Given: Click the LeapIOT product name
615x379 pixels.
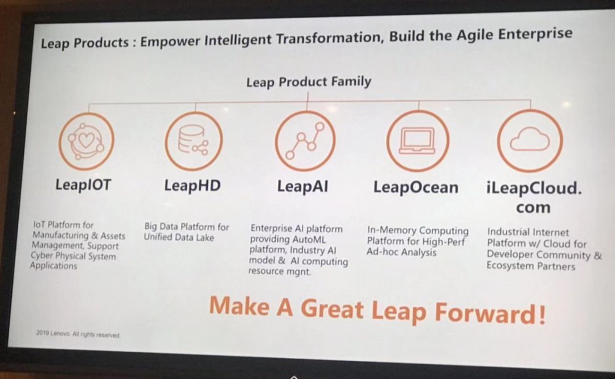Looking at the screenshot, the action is pyautogui.click(x=83, y=185).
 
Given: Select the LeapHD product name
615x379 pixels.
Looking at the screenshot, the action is pyautogui.click(x=192, y=186).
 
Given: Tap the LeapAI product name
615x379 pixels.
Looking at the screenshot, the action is pyautogui.click(x=302, y=187).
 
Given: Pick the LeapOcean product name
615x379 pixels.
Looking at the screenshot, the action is pyautogui.click(x=416, y=187).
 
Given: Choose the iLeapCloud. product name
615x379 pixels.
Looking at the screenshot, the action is pyautogui.click(x=534, y=188).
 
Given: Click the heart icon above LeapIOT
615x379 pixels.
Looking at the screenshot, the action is pyautogui.click(x=87, y=141).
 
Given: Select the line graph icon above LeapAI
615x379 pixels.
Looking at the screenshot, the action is pyautogui.click(x=305, y=141).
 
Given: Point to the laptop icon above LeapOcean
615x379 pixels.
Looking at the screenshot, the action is pyautogui.click(x=418, y=141).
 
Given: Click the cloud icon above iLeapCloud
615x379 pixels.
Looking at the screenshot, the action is pyautogui.click(x=530, y=141).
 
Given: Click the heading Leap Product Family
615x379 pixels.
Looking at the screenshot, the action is pyautogui.click(x=309, y=82).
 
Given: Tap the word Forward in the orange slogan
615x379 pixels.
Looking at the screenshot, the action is pyautogui.click(x=490, y=314).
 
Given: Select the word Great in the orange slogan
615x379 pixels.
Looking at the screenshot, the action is pyautogui.click(x=332, y=308).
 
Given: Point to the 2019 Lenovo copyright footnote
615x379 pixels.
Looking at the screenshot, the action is pyautogui.click(x=78, y=334).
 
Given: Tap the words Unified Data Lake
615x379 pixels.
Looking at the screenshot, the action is pyautogui.click(x=179, y=237).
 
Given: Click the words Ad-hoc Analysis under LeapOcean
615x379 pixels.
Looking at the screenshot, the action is pyautogui.click(x=401, y=252).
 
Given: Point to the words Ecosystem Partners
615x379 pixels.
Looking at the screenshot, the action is pyautogui.click(x=531, y=266).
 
